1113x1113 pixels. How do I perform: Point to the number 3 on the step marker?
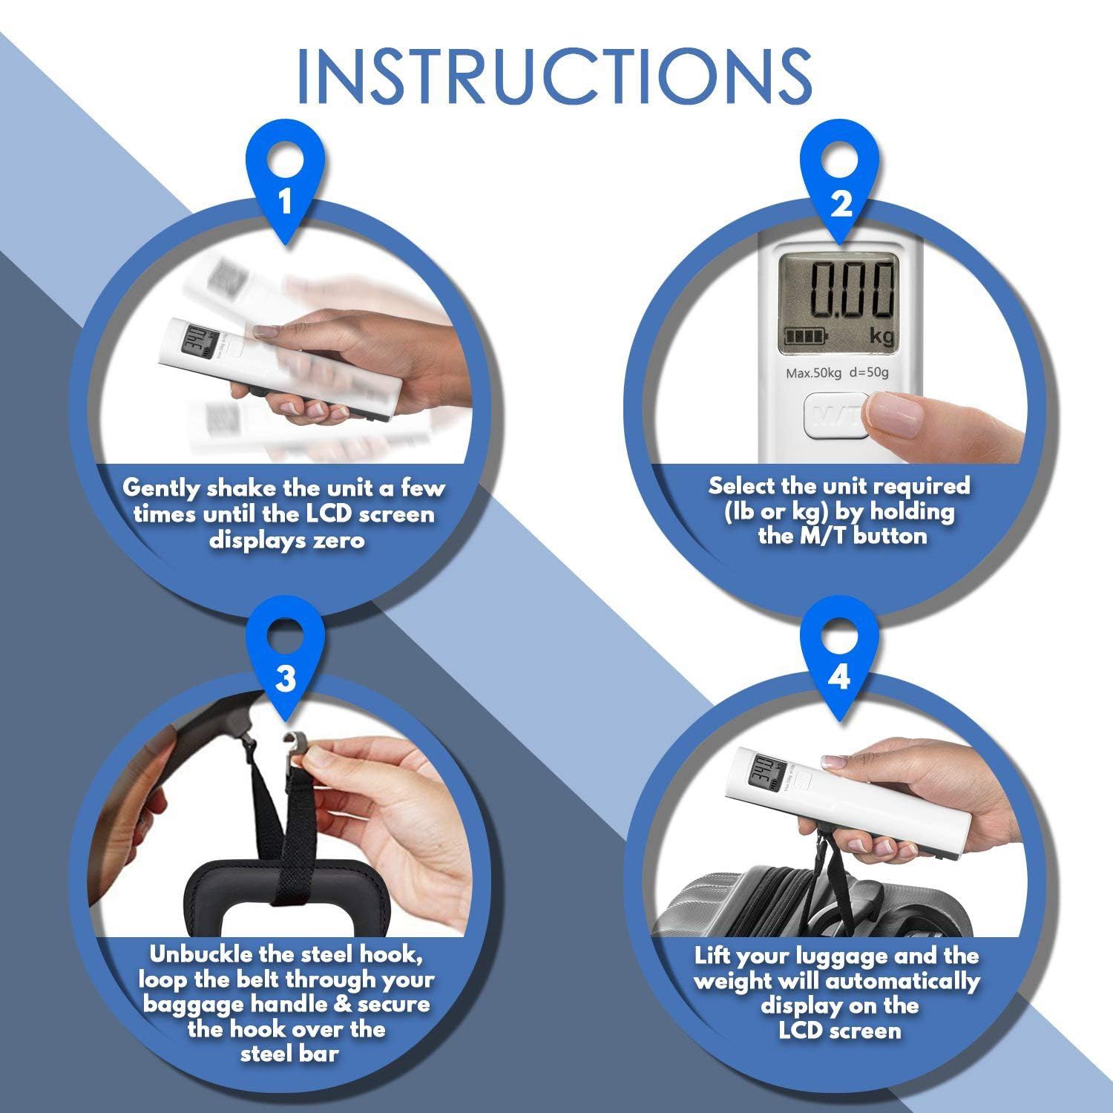285,678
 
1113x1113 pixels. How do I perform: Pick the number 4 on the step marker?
839,677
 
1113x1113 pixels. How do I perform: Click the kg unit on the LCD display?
883,337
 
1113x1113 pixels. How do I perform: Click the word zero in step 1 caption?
339,539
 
